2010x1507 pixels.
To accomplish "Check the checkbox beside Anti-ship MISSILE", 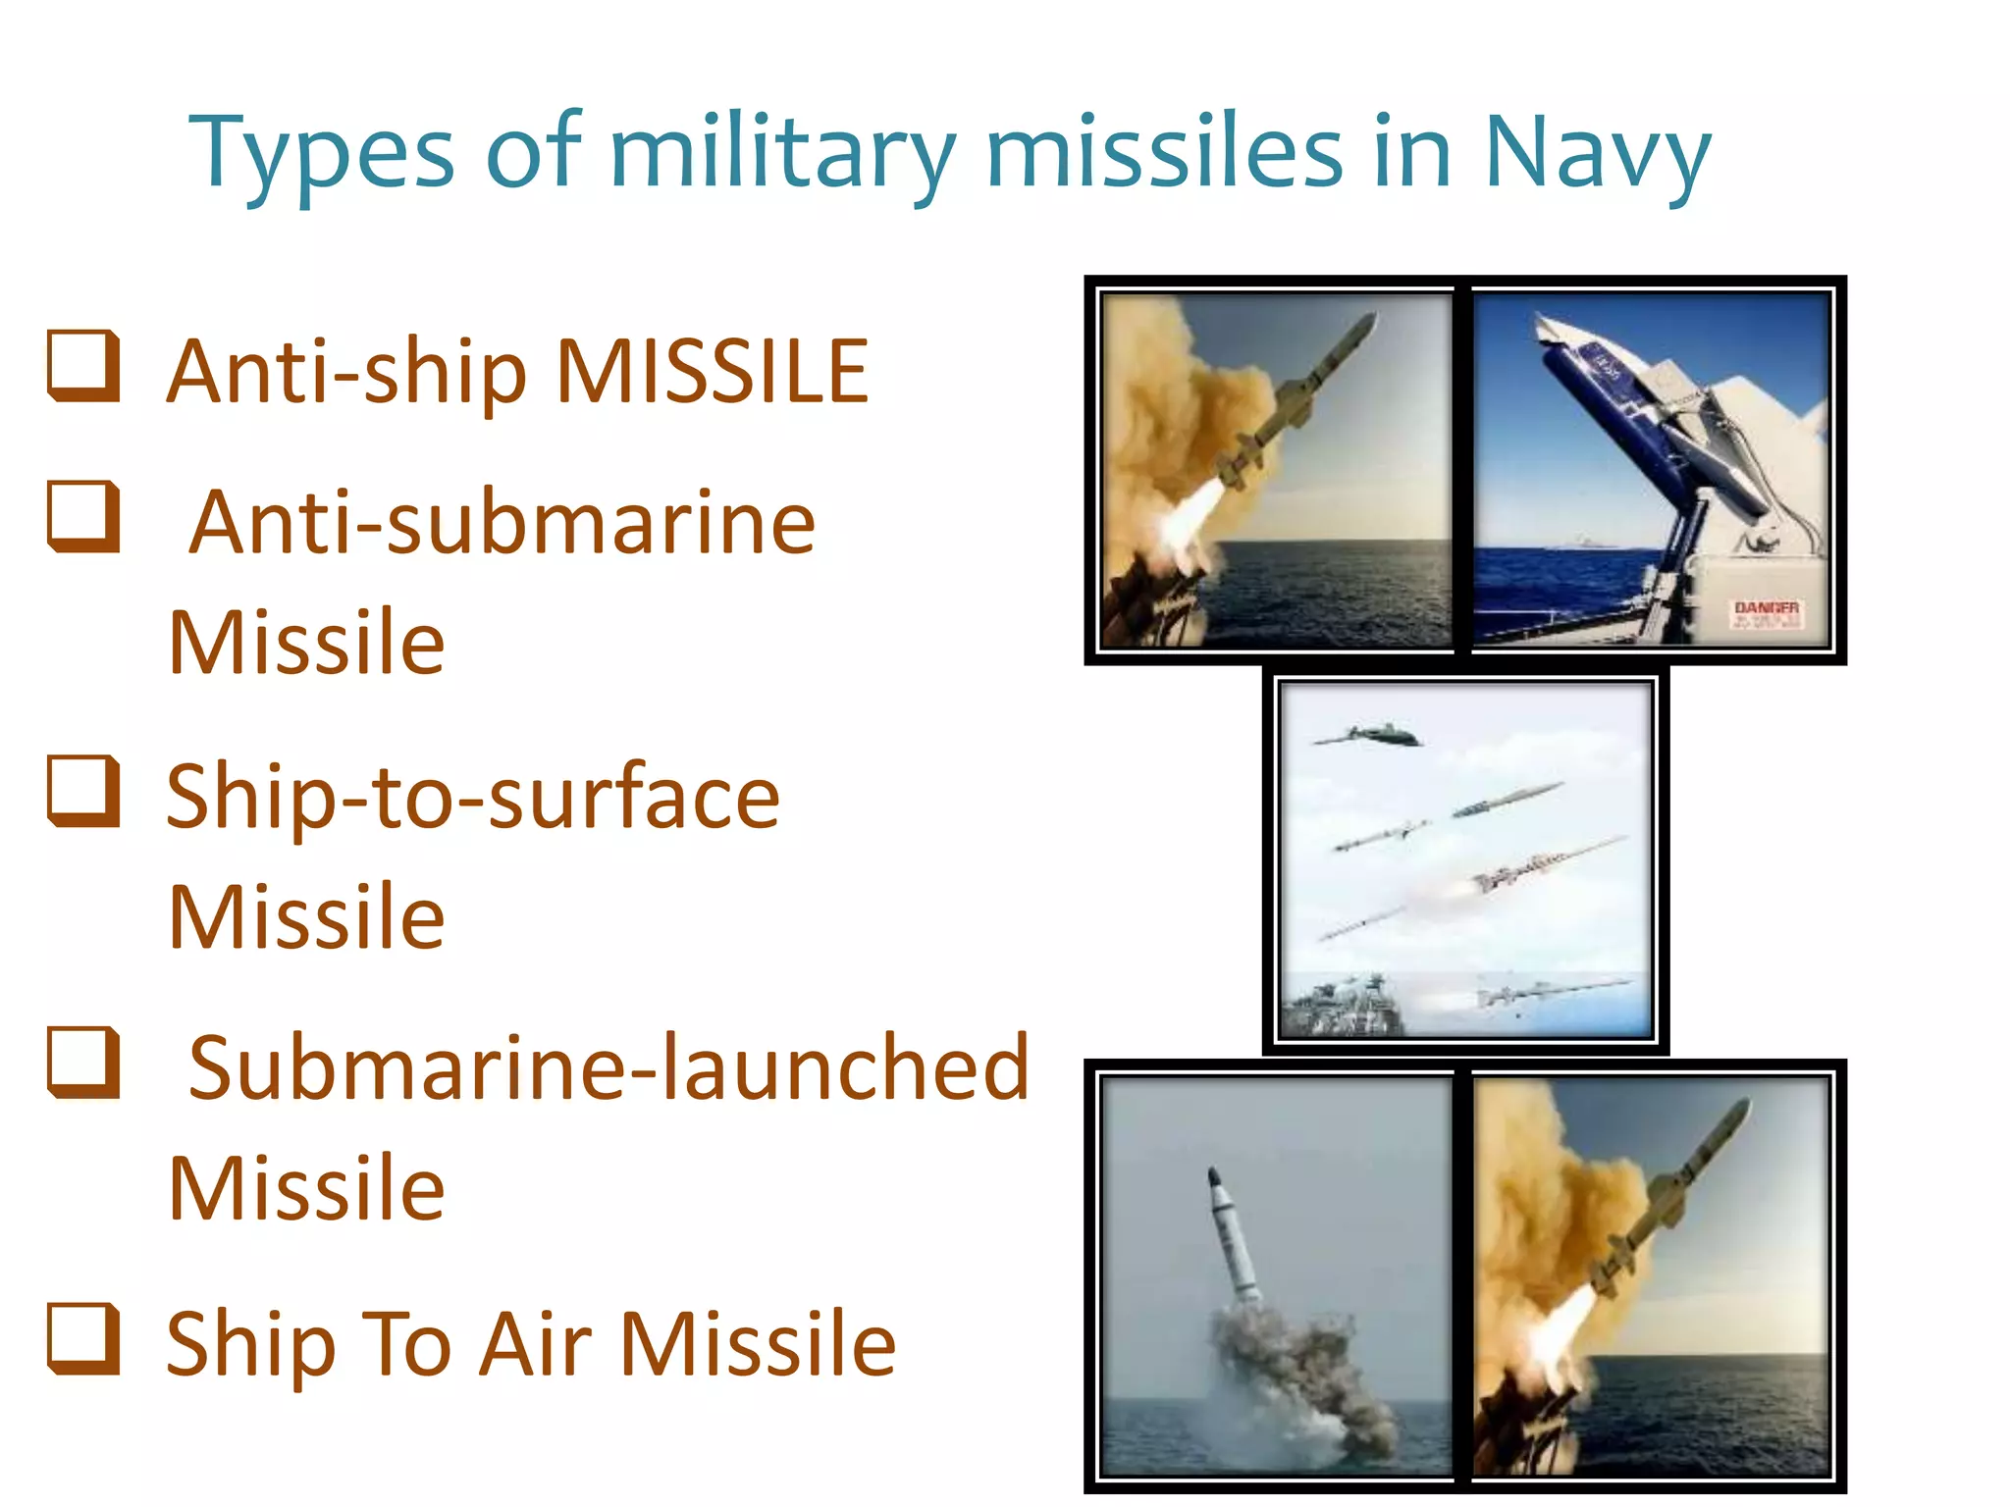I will pyautogui.click(x=84, y=367).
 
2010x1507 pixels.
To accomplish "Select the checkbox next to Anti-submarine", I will pyautogui.click(x=84, y=517).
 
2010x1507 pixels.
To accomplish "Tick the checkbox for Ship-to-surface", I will pyautogui.click(x=84, y=791).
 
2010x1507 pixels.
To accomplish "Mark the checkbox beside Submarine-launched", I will pyautogui.click(x=84, y=1063).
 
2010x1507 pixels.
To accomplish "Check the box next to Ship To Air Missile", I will pyautogui.click(x=84, y=1338).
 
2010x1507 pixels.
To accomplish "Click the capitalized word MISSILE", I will pyautogui.click(x=713, y=372).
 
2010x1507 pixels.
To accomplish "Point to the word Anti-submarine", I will pyautogui.click(x=502, y=523).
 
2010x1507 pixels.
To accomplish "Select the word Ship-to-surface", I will pyautogui.click(x=472, y=797).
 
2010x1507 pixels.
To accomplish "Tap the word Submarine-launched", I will pyautogui.click(x=608, y=1068).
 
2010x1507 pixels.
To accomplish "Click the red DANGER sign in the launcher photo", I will pyautogui.click(x=1766, y=613).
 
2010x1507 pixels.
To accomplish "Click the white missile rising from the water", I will pyautogui.click(x=1233, y=1236).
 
